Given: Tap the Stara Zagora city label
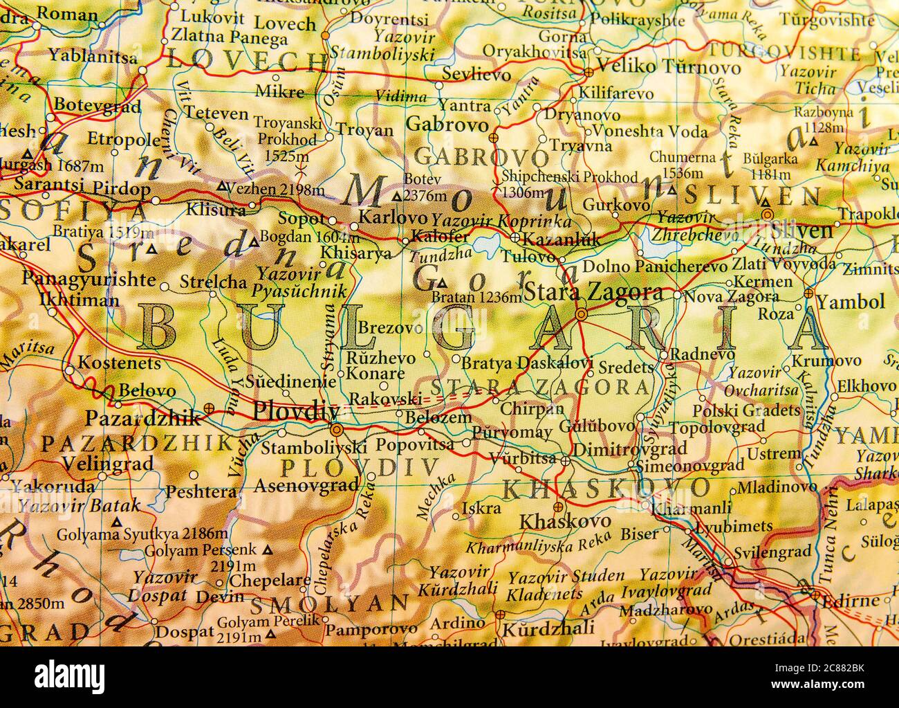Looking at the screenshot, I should tap(594, 293).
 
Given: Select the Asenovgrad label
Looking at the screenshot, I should tap(306, 485).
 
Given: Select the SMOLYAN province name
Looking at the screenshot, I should tap(328, 606).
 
